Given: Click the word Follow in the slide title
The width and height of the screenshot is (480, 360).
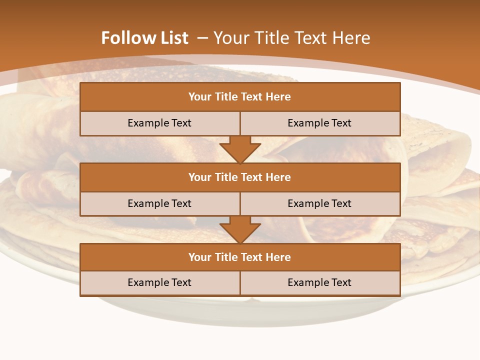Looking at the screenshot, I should click(x=123, y=38).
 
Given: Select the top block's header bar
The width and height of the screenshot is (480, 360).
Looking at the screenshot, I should click(x=240, y=97).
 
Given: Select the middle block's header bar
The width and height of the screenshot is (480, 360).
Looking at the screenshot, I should click(x=240, y=177).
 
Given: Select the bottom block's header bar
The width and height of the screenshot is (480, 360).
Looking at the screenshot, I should click(x=240, y=257).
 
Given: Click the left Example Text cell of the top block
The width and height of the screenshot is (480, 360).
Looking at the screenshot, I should click(x=159, y=123).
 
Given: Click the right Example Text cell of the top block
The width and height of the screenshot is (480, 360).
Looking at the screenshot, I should click(x=319, y=123).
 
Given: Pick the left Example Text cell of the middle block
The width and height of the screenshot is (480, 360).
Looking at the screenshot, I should click(x=159, y=204).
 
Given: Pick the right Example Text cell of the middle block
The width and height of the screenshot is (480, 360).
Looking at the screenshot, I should click(x=319, y=204).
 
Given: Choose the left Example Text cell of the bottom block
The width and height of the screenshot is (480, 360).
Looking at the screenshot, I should click(x=159, y=283).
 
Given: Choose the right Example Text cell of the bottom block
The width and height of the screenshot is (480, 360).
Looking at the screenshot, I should click(x=319, y=283).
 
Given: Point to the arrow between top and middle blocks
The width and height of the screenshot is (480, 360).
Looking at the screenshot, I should click(x=240, y=149).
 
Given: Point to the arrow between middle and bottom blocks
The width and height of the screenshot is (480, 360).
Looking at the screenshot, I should click(x=240, y=229).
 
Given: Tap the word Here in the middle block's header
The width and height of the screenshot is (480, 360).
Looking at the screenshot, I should click(x=278, y=177).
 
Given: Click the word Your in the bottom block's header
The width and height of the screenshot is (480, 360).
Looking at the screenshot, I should click(x=200, y=257).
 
